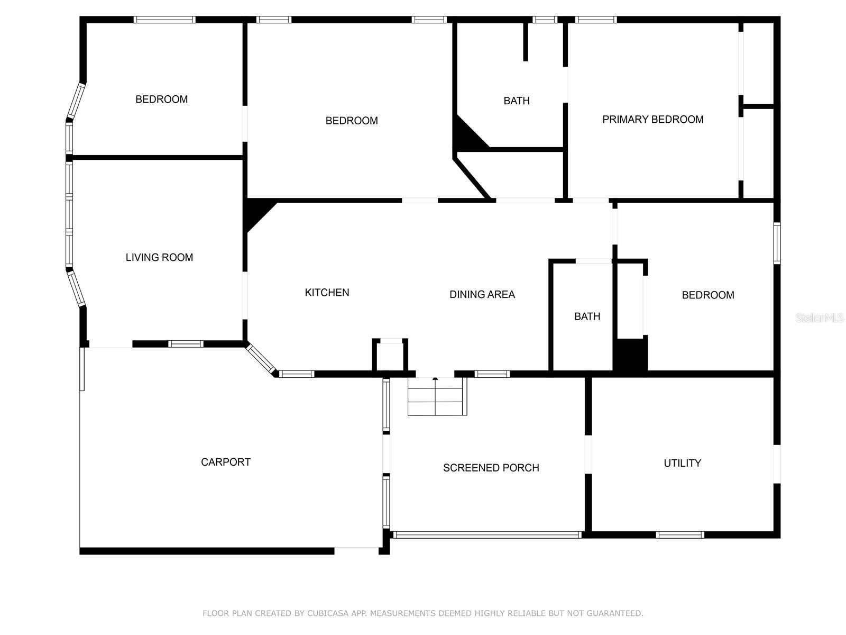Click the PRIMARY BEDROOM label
click(x=652, y=120)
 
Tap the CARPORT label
click(x=225, y=462)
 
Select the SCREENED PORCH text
click(x=491, y=468)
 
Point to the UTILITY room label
click(x=682, y=463)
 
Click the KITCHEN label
click(x=327, y=293)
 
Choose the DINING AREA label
click(x=482, y=294)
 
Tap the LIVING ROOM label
click(x=159, y=257)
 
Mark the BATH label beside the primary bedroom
click(x=516, y=101)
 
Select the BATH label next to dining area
click(x=587, y=316)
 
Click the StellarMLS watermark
click(x=819, y=317)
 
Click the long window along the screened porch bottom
click(x=487, y=535)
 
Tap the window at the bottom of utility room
click(x=679, y=535)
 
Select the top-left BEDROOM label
click(x=161, y=99)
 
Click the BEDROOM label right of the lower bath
click(x=707, y=295)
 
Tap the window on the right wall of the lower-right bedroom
click(x=777, y=243)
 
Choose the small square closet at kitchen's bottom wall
click(x=390, y=356)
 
